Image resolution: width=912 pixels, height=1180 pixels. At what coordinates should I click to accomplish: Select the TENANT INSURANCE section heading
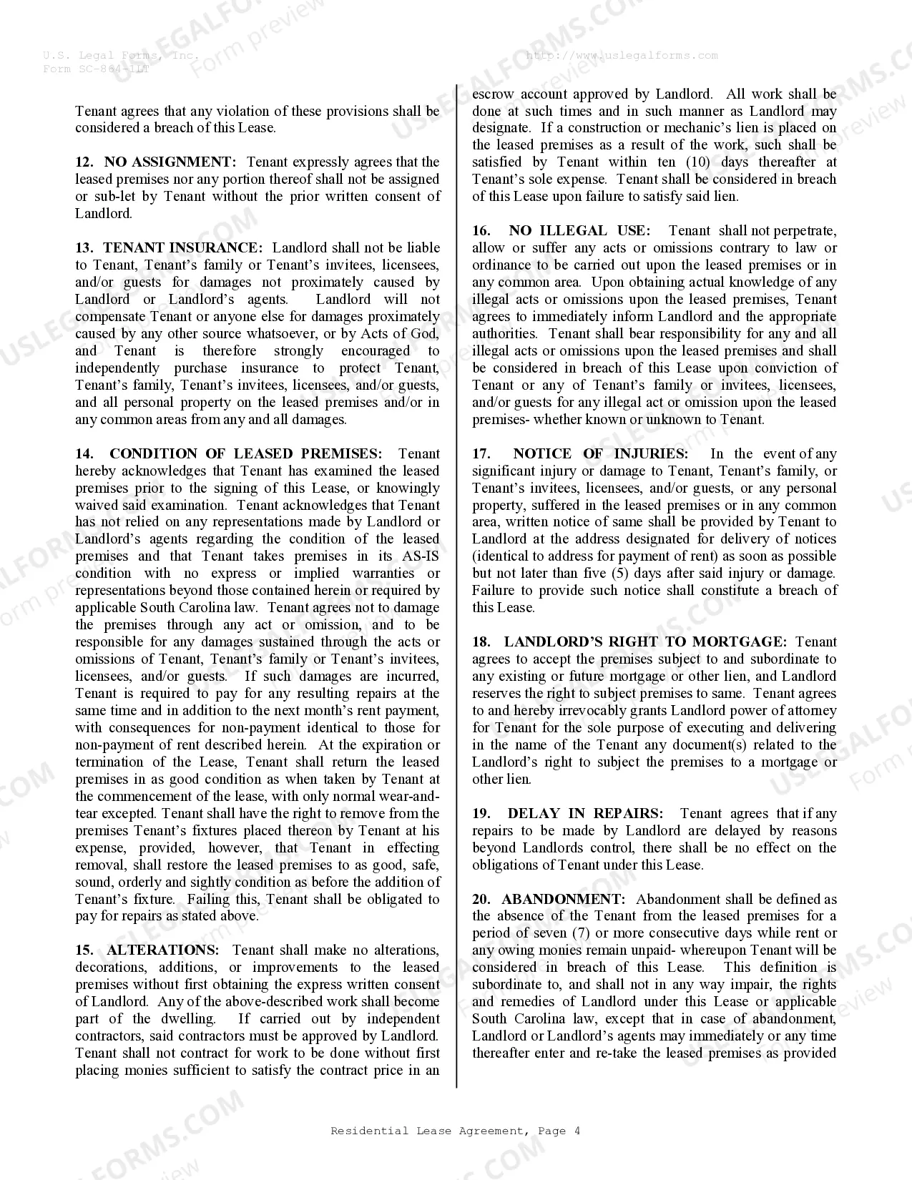(182, 248)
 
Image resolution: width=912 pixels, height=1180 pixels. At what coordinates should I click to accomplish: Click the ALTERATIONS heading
(162, 950)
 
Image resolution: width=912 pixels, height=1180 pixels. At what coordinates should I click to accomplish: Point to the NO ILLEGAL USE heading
(579, 231)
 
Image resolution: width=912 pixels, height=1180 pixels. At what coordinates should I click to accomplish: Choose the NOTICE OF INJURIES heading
(600, 454)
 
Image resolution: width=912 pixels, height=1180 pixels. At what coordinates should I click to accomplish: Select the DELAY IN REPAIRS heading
(585, 814)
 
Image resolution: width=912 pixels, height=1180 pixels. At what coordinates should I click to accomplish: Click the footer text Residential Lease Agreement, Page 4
(456, 1131)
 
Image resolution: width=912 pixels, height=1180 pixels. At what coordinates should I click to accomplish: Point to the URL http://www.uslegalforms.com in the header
(622, 56)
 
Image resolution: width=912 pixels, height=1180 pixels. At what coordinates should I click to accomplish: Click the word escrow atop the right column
(493, 94)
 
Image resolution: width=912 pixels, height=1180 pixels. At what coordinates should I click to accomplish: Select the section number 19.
(481, 814)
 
